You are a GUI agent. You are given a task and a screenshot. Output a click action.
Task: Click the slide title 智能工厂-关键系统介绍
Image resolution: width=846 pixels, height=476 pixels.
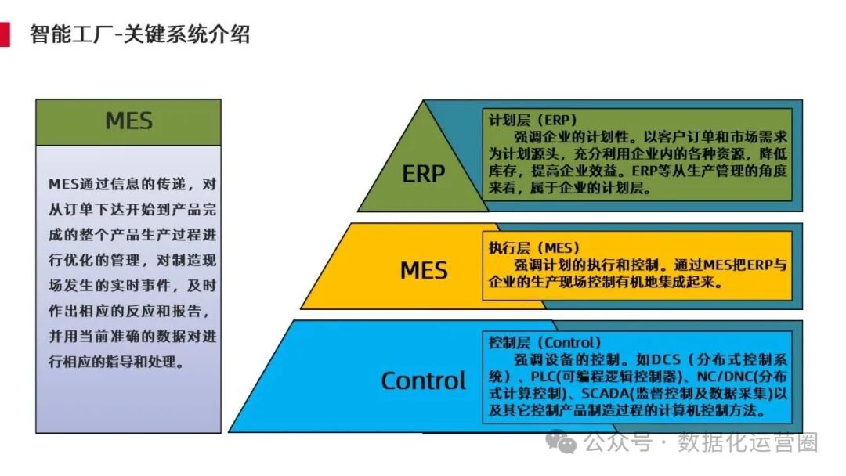coord(139,34)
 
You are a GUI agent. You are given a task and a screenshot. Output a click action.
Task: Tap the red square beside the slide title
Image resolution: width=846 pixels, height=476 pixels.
coord(5,34)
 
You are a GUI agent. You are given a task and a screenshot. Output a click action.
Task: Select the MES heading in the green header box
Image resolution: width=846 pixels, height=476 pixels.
coord(128,121)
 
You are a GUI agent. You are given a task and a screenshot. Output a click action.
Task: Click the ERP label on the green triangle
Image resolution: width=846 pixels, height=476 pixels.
coord(424,173)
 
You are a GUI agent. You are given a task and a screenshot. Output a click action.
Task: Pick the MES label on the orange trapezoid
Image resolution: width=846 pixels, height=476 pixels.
coord(424,270)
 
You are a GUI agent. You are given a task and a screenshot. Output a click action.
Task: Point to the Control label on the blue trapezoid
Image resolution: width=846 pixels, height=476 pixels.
coord(424,380)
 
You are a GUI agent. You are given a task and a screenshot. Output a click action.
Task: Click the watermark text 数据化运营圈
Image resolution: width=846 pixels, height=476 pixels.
coord(748,442)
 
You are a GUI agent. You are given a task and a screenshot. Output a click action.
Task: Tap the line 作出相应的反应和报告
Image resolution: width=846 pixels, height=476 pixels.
coord(130,311)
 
